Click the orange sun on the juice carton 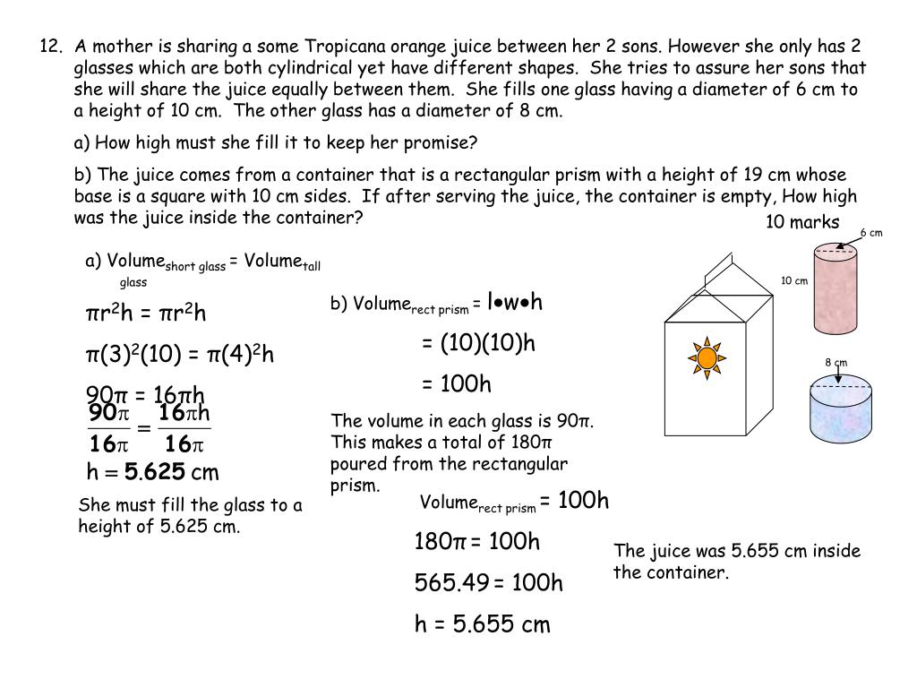pyautogui.click(x=706, y=357)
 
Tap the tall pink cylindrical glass pyautogui.click(x=836, y=288)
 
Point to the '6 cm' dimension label pyautogui.click(x=871, y=233)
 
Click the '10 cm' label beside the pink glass pyautogui.click(x=794, y=281)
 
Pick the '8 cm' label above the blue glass pyautogui.click(x=836, y=362)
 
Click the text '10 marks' pyautogui.click(x=802, y=222)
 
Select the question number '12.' pyautogui.click(x=50, y=46)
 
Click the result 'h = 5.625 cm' pyautogui.click(x=152, y=472)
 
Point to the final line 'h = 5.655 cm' pyautogui.click(x=482, y=624)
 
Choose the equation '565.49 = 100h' pyautogui.click(x=488, y=583)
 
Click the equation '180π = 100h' pyautogui.click(x=477, y=542)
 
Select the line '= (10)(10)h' pyautogui.click(x=478, y=343)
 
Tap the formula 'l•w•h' pyautogui.click(x=515, y=302)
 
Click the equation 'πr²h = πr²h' pyautogui.click(x=146, y=314)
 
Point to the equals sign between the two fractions pyautogui.click(x=143, y=428)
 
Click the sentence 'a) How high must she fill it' pyautogui.click(x=276, y=143)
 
